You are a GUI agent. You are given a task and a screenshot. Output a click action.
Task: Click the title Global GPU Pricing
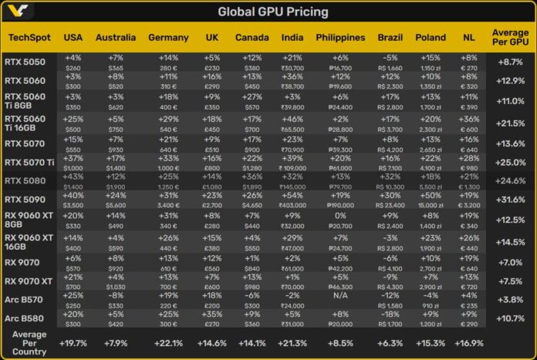coord(272,12)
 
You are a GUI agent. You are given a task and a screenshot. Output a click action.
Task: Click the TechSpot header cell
coord(28,38)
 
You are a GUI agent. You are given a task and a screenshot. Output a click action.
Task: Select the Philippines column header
coord(340,38)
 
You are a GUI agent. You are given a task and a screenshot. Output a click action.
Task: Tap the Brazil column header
coord(390,38)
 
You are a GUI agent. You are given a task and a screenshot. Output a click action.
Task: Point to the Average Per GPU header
coord(510,38)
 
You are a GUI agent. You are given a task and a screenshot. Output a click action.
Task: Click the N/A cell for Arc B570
coord(340,294)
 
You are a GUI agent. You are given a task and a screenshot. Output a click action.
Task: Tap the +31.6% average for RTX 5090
coord(510,200)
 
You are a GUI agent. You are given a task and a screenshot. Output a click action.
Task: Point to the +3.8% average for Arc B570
coord(510,298)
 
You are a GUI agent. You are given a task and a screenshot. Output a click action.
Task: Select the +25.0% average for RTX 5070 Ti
coord(510,162)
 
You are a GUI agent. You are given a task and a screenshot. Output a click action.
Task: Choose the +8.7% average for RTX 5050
coord(510,61)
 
